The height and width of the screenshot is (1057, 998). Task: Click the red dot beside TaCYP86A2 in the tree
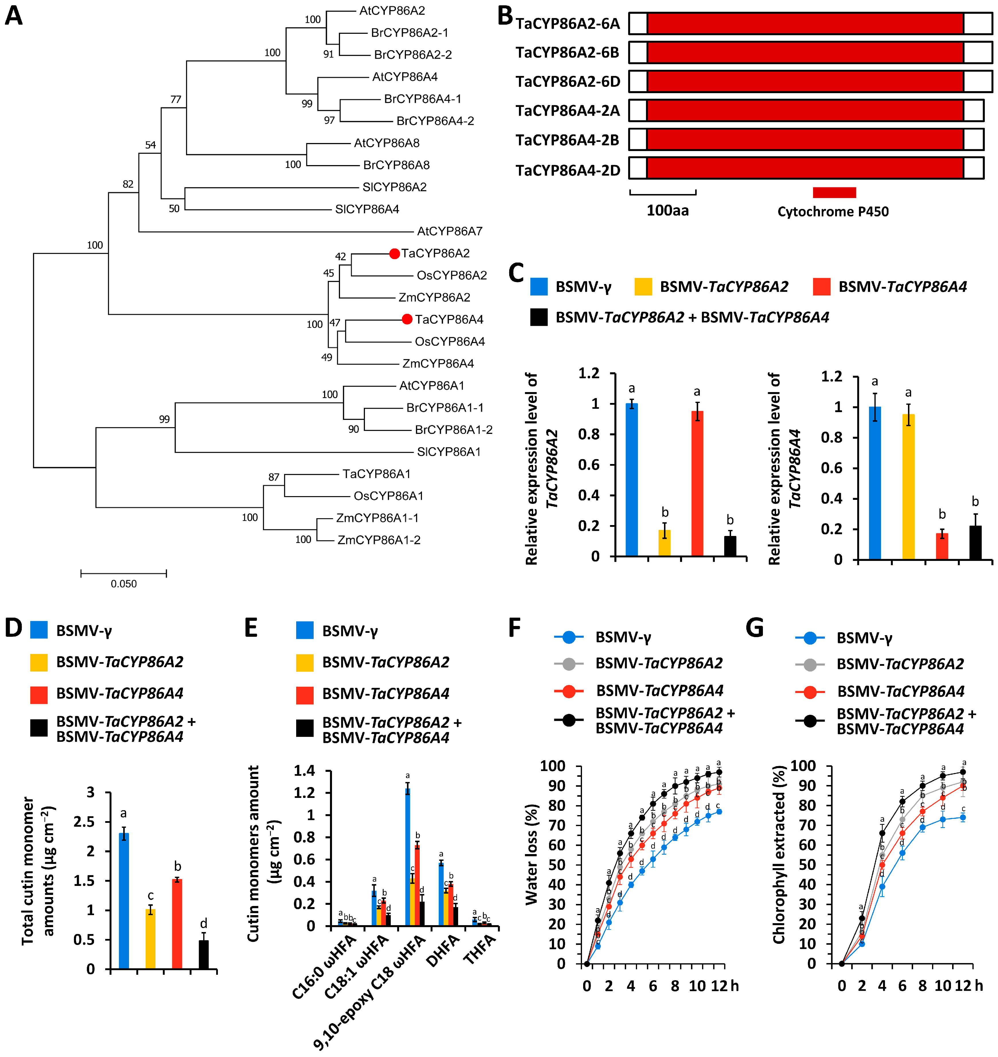[x=394, y=254]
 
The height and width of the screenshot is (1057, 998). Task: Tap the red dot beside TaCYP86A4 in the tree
[x=407, y=319]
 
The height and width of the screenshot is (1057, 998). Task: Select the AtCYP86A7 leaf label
[x=450, y=231]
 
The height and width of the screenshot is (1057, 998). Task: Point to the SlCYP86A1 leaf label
[x=448, y=452]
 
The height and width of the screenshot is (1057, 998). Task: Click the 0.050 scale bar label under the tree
[x=123, y=584]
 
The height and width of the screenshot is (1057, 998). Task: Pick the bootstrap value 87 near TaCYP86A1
[x=274, y=477]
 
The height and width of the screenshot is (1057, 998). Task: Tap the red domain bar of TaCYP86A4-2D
[x=805, y=168]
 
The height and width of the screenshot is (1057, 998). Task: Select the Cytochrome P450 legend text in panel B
[x=833, y=212]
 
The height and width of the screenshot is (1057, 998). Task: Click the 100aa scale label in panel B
[x=668, y=211]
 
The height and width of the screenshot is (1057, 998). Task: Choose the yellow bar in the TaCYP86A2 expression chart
[x=665, y=542]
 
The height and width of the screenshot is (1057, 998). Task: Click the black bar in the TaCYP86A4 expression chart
[x=974, y=542]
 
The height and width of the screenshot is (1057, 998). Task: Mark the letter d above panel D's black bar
[x=203, y=923]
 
